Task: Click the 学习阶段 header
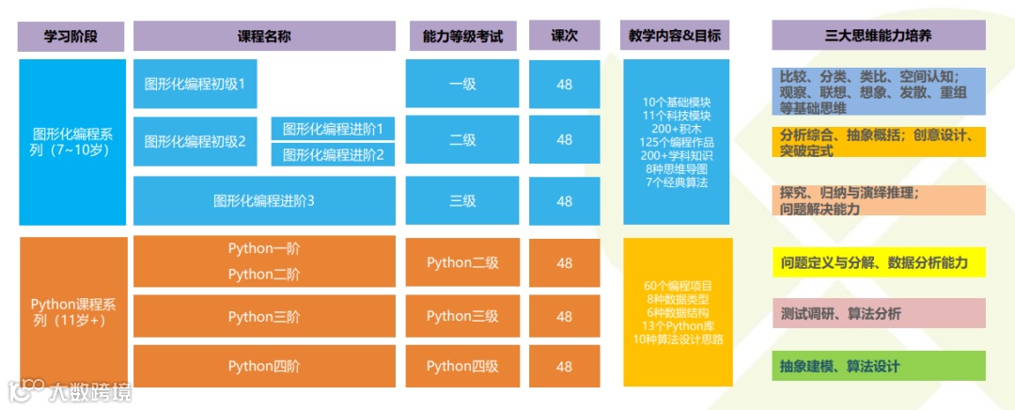71,37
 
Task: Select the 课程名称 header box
263,37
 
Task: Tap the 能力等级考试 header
463,37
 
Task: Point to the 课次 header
564,37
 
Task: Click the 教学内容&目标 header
676,37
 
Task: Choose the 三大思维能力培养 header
879,37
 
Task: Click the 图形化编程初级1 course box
195,84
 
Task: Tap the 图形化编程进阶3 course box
264,200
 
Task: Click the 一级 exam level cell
462,84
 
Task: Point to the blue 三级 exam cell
462,200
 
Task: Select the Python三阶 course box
264,317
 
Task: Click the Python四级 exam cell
462,366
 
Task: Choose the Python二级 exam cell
462,262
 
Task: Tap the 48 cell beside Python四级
564,366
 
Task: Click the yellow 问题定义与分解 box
879,262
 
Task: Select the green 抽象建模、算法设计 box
879,366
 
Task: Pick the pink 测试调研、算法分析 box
879,313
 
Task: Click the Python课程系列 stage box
73,312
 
